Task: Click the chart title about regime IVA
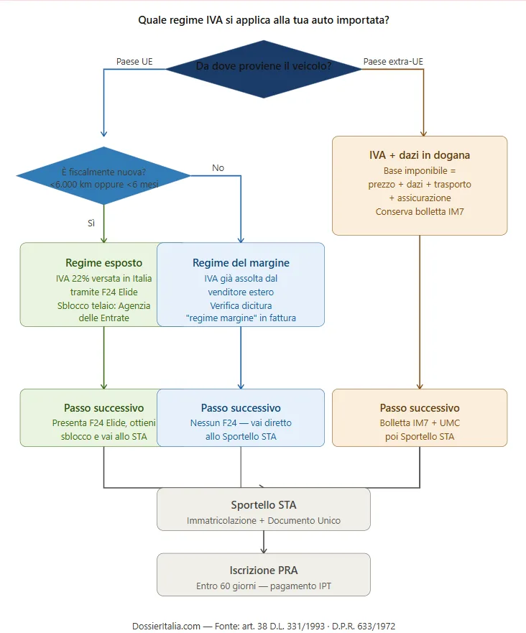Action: [263, 20]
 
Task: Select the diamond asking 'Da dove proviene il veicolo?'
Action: [264, 67]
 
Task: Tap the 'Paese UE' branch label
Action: [134, 62]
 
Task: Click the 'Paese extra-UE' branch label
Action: [393, 62]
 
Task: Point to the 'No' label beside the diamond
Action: [218, 168]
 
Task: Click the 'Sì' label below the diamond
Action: [91, 223]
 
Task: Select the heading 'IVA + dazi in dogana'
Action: [420, 155]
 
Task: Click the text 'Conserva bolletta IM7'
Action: [420, 211]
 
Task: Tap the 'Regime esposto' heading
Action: [103, 263]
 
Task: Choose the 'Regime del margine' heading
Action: [241, 263]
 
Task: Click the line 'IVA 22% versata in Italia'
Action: [103, 279]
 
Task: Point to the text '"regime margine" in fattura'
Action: [241, 318]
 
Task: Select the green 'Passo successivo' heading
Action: [103, 408]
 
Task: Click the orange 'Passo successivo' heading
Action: [420, 408]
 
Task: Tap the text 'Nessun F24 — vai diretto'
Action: [241, 423]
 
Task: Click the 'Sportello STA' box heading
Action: [263, 504]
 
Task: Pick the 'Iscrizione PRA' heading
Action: [263, 570]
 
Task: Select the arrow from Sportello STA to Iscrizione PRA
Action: [264, 542]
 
